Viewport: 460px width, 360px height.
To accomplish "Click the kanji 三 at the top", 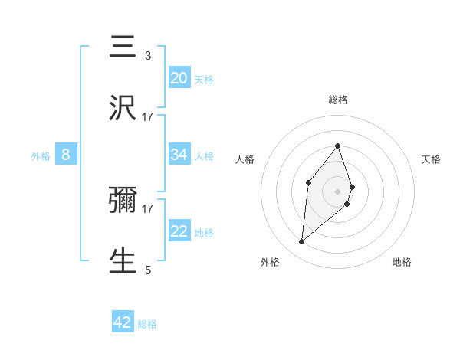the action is click(123, 47).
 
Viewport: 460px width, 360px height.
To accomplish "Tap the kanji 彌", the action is click(123, 201).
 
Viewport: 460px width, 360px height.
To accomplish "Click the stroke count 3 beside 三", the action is click(148, 56).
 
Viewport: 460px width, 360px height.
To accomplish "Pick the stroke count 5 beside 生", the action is click(148, 269).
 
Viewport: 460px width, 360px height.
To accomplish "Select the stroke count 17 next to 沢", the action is click(148, 116).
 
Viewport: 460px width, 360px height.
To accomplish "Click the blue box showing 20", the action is click(179, 78).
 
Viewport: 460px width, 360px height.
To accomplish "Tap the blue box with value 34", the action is click(179, 155).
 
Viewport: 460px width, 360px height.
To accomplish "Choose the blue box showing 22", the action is click(179, 232).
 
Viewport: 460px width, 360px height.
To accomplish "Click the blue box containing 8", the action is click(66, 155).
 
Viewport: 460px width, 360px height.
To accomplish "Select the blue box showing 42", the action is click(123, 322).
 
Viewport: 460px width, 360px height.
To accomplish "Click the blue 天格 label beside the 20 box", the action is click(204, 79).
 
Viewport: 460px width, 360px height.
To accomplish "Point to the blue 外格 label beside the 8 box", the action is click(41, 156).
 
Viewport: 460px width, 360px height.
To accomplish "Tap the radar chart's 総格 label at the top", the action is click(338, 100).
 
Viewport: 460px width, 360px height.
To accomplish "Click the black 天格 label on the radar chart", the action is click(431, 159).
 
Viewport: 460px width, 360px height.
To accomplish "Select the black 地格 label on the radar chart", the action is click(402, 262).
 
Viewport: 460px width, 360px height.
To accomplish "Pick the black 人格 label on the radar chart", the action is click(245, 159).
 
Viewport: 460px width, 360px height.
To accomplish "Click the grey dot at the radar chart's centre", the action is click(337, 191).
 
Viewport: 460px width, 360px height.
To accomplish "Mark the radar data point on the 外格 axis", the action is click(302, 242).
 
